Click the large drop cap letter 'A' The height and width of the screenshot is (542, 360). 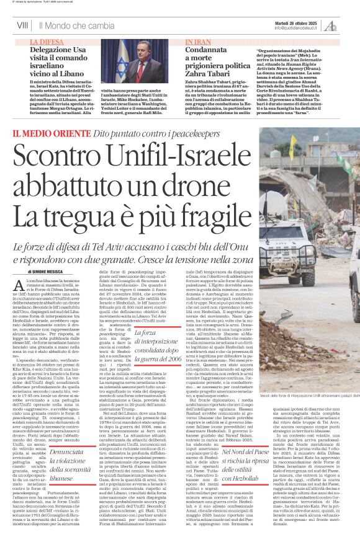point(32,285)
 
